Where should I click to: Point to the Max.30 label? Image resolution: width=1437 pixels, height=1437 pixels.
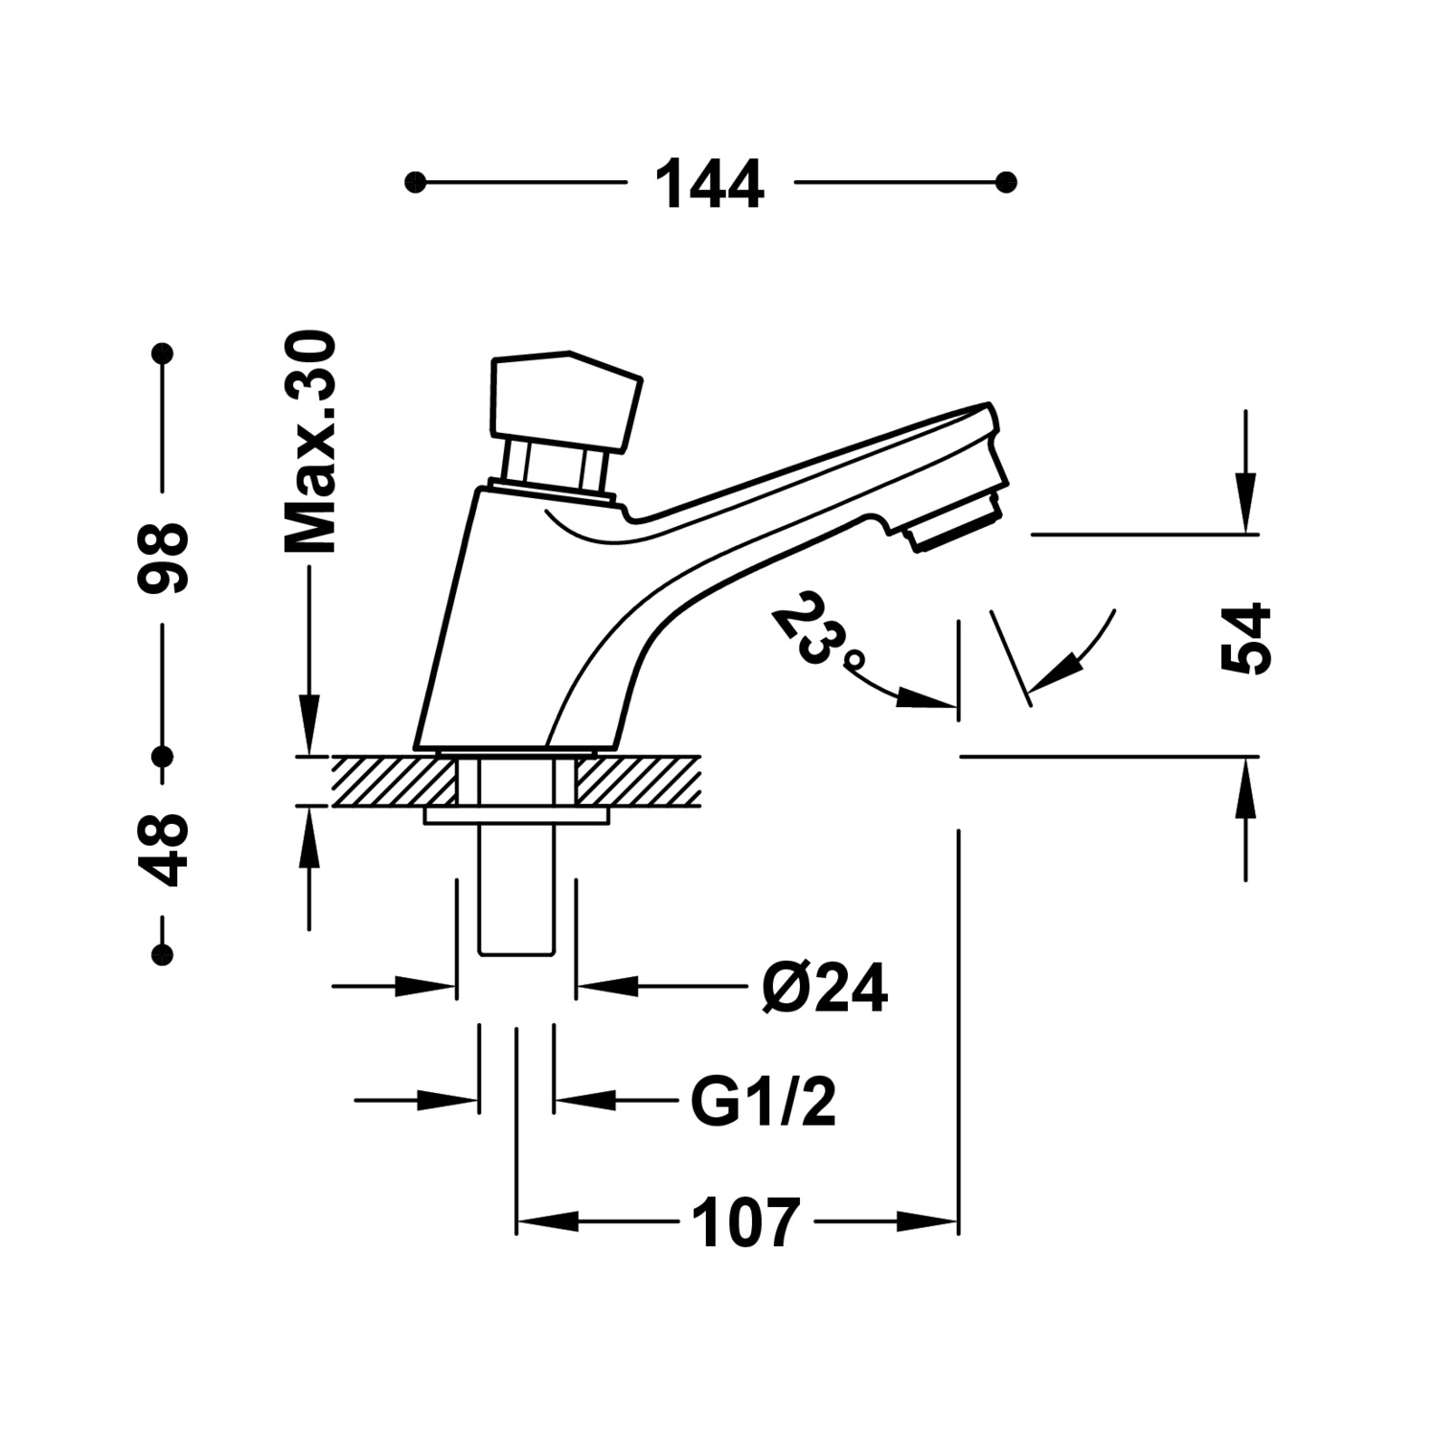310,443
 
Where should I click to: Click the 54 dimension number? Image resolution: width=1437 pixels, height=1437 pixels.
1245,640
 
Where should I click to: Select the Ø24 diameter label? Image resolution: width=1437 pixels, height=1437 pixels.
825,988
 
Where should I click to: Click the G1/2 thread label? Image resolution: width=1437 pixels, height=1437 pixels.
764,1103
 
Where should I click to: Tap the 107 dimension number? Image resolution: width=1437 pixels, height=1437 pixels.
744,1223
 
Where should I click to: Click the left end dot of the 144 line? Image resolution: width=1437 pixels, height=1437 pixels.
415,182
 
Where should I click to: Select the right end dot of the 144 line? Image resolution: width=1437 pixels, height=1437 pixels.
1006,182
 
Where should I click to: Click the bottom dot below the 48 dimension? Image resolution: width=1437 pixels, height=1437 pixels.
164,954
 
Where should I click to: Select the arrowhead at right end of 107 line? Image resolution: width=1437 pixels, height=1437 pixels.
927,1221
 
